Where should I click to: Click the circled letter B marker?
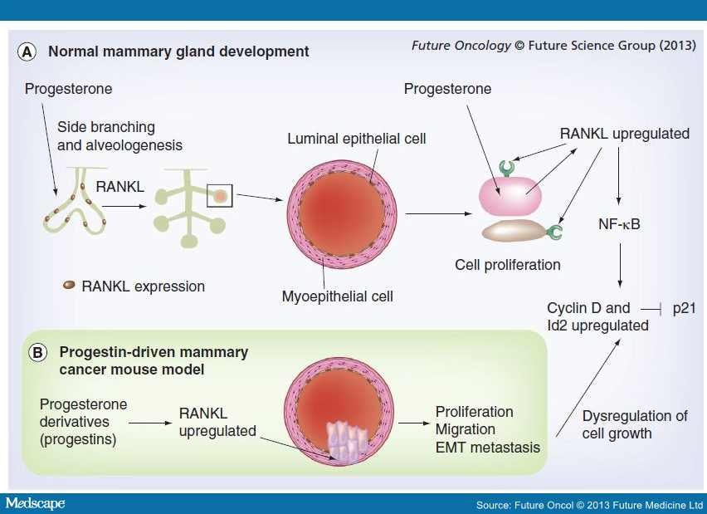pos(38,352)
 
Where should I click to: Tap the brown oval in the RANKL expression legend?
pos(70,285)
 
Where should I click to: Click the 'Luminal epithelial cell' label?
pos(357,139)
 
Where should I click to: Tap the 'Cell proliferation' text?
pos(508,265)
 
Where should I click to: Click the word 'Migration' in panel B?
pos(466,429)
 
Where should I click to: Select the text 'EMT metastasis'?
pos(488,448)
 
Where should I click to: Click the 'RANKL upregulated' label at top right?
pos(624,134)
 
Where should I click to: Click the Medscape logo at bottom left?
pos(35,504)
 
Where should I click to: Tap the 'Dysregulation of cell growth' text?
pos(622,424)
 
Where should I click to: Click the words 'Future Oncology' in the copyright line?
pos(461,45)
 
